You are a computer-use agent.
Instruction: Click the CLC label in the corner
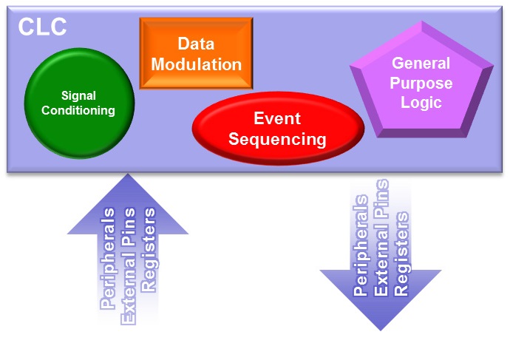click(42, 26)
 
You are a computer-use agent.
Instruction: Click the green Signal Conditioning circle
click(79, 103)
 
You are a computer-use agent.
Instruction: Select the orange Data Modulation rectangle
click(196, 53)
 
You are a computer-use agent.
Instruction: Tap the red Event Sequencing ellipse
click(278, 128)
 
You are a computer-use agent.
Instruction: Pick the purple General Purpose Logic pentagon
click(421, 83)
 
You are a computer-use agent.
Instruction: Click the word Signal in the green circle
click(78, 95)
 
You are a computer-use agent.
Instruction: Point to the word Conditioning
click(78, 111)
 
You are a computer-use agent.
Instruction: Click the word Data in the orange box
click(196, 44)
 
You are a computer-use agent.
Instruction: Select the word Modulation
click(196, 64)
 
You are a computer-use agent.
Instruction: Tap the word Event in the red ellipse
click(278, 118)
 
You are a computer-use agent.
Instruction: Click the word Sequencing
click(278, 138)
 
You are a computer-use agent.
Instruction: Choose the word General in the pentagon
click(421, 64)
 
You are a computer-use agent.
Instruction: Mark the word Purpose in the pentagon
click(421, 83)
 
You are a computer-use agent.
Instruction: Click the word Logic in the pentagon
click(421, 102)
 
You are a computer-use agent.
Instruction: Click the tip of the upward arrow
click(128, 176)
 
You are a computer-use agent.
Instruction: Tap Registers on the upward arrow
click(149, 251)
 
